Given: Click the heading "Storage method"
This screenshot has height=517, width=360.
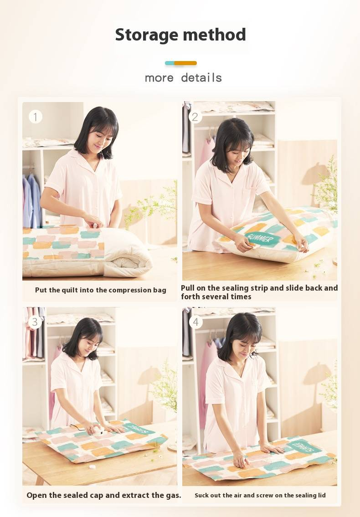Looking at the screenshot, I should click(x=180, y=35).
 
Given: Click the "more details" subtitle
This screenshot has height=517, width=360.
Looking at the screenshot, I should click(x=183, y=78).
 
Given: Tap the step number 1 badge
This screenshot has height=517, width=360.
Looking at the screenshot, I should click(x=36, y=117).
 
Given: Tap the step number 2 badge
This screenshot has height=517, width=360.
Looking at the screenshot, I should click(x=195, y=117).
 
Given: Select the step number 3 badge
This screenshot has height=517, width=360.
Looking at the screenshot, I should click(x=35, y=322).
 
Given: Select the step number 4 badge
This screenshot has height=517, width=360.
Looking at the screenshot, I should click(x=195, y=322).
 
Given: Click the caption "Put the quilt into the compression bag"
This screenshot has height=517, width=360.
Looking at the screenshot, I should click(x=101, y=290).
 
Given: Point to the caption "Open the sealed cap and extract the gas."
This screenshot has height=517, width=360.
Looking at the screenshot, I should click(x=104, y=495).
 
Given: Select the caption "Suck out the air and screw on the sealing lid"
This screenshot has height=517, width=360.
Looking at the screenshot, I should click(x=260, y=495).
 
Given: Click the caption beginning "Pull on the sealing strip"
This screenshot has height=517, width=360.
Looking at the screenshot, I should click(x=259, y=292).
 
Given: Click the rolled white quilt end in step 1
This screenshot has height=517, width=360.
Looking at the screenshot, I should click(x=129, y=253).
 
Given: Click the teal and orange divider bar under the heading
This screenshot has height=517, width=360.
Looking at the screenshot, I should click(x=181, y=63).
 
